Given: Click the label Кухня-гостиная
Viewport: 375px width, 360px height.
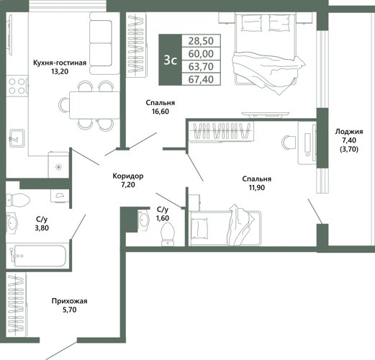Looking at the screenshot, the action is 60,63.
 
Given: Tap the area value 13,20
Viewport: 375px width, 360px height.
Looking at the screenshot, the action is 60,71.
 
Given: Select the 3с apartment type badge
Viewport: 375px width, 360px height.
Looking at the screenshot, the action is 171,60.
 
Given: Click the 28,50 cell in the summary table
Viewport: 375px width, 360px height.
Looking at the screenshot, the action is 201,41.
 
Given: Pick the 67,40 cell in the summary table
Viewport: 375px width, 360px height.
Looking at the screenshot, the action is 201,79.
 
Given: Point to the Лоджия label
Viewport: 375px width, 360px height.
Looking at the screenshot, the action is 349,132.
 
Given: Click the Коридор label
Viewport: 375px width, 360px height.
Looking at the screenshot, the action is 128,176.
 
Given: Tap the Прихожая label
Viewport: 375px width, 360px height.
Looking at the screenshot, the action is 69,301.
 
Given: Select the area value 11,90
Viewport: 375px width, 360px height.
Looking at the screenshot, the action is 257,187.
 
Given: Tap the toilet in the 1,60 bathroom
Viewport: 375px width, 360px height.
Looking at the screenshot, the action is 168,234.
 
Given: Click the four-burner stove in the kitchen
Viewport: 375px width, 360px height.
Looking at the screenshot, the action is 17,86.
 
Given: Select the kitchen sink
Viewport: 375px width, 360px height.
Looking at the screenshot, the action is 17,138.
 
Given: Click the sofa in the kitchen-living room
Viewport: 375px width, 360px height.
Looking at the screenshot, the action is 104,43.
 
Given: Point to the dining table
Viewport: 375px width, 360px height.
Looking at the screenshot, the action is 94,105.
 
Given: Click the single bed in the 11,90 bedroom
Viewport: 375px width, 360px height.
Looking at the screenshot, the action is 225,228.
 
